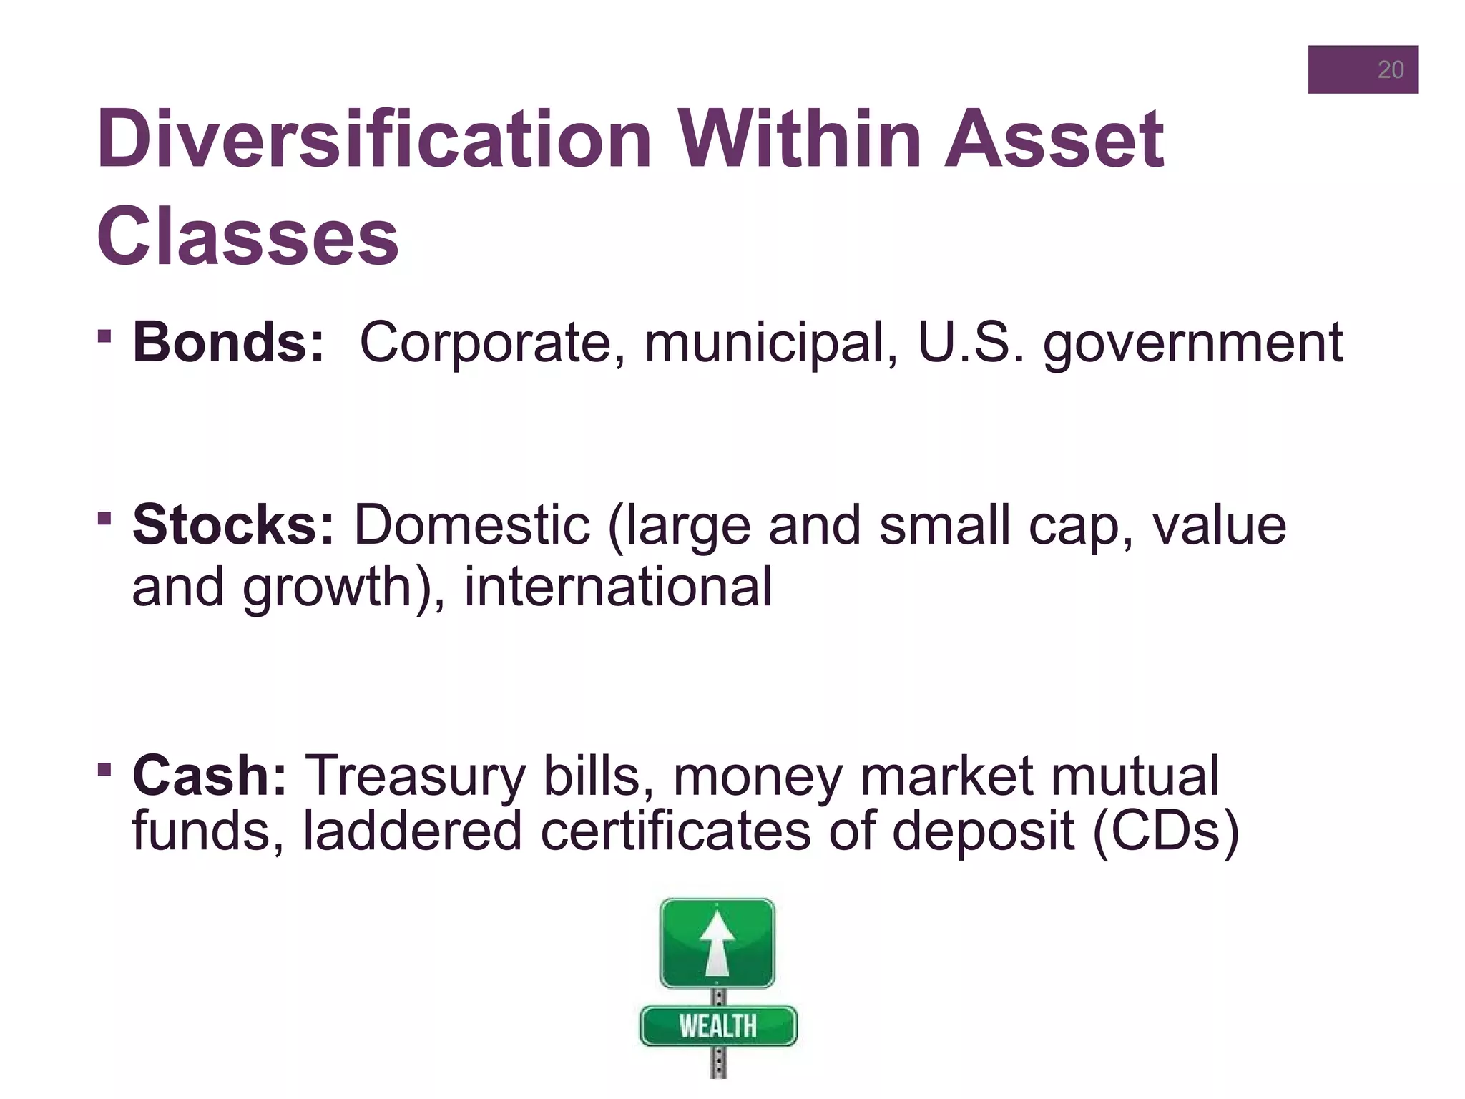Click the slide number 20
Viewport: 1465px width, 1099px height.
click(1390, 70)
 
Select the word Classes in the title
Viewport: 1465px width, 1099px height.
click(248, 237)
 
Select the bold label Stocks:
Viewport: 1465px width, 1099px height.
click(233, 525)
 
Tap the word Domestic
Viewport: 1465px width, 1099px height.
click(472, 525)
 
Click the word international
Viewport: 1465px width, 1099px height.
click(618, 587)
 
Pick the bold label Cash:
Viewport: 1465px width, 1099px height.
click(210, 776)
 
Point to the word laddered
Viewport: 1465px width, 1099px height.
click(412, 831)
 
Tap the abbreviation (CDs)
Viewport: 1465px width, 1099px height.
click(1166, 831)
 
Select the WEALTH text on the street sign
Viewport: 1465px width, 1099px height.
click(717, 1026)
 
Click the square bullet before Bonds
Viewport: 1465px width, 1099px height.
click(104, 335)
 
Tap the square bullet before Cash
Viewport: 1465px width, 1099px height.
click(104, 770)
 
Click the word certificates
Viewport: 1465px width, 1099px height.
click(675, 831)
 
